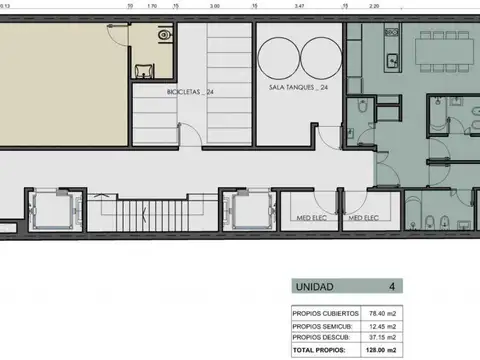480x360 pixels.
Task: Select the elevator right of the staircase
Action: pos(246,211)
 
